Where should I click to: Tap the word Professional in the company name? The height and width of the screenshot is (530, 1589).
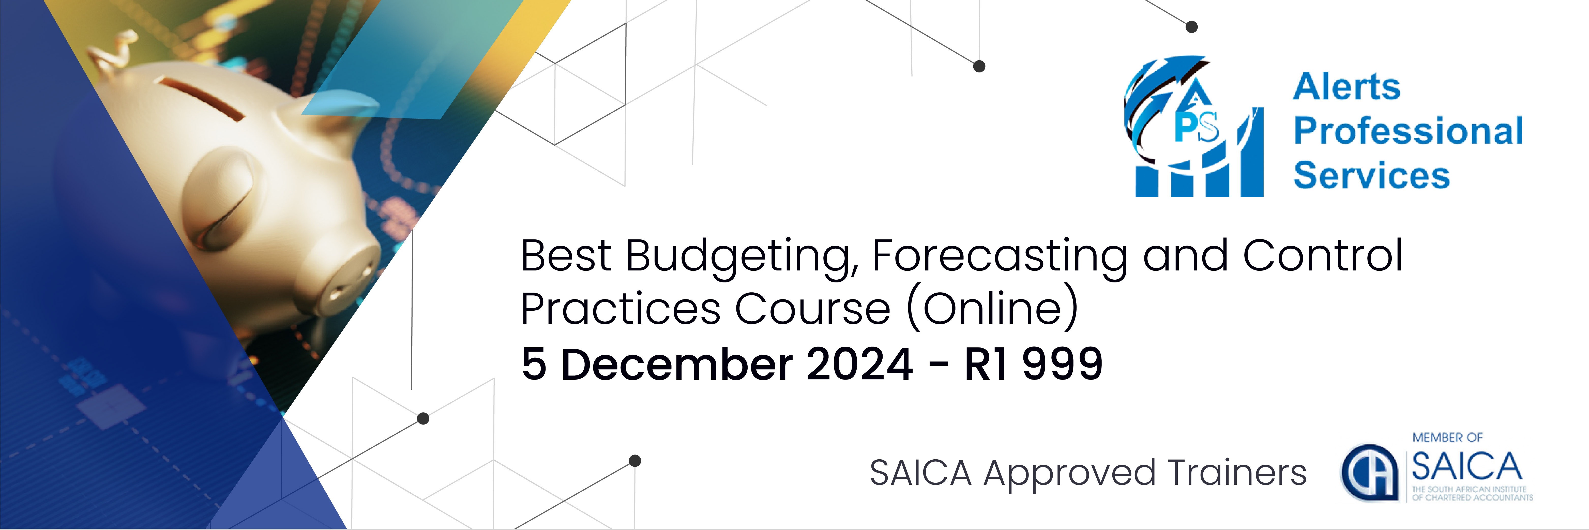click(x=1408, y=131)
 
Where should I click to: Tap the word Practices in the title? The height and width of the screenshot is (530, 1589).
click(x=620, y=309)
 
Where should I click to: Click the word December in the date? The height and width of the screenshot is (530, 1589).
click(x=675, y=364)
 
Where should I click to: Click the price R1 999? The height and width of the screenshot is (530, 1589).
click(x=1033, y=364)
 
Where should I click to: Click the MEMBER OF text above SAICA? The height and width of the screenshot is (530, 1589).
click(x=1447, y=437)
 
